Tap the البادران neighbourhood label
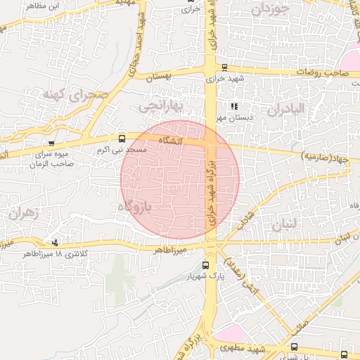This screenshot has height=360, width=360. (x=285, y=109)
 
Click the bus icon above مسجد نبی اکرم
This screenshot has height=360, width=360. (x=122, y=139)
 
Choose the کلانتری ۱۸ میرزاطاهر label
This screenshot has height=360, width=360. (x=53, y=253)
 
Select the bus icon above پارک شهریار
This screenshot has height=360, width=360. (x=205, y=265)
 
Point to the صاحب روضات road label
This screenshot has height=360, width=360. (x=321, y=72)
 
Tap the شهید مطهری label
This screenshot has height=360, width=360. (x=247, y=348)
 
